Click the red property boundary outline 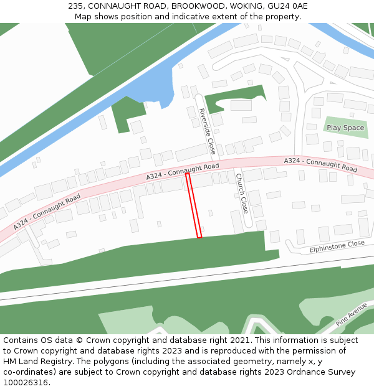193,205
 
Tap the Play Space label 345,128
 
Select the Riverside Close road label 207,131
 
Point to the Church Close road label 242,193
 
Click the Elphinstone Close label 337,247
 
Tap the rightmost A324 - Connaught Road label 320,165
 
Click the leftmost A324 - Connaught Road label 47,212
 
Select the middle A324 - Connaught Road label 183,172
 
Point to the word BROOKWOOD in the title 199,6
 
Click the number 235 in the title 76,6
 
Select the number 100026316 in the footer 26,382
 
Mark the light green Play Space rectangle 345,128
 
